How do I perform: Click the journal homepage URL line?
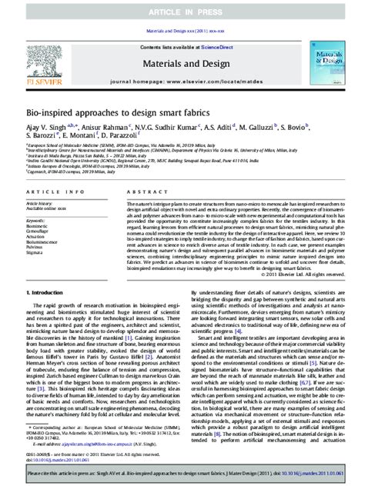click(x=182, y=80)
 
